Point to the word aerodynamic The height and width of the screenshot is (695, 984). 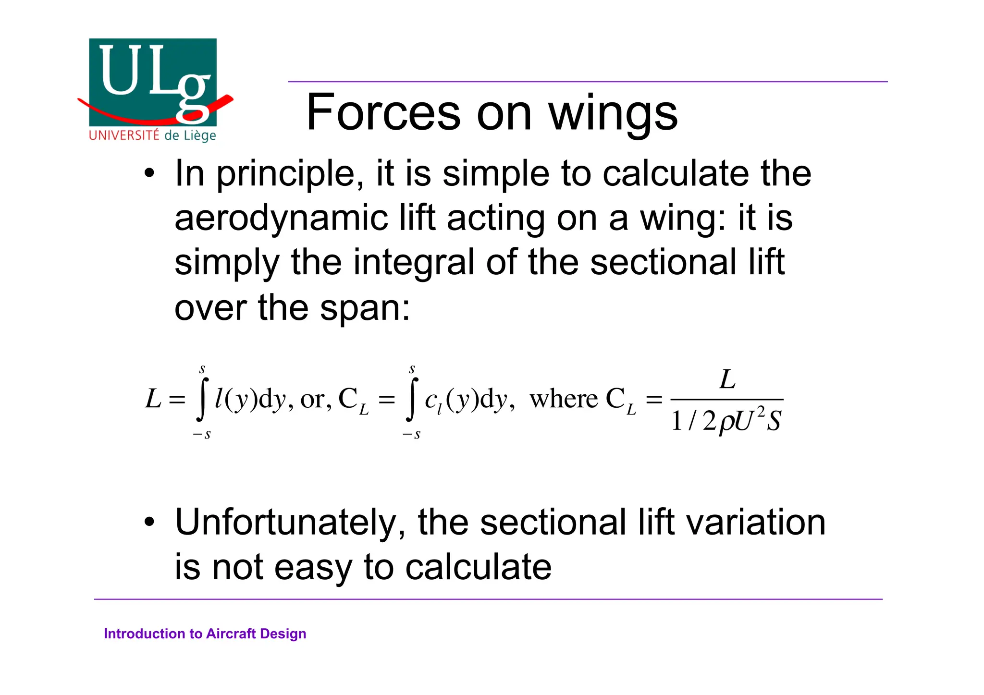281,219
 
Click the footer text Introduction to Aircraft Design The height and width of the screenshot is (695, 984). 205,634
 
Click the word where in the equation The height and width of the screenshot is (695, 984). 564,399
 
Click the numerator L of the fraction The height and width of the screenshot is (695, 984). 727,379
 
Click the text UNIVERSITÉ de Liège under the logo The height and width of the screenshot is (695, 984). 152,135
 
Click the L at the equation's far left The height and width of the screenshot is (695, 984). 153,399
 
